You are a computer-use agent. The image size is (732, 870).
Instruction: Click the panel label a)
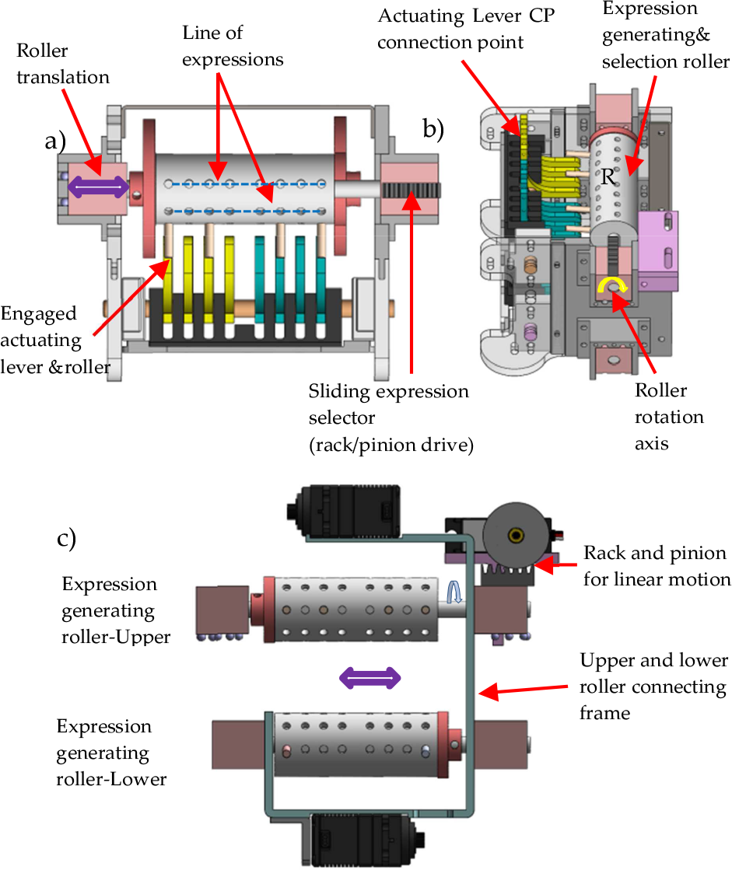[55, 141]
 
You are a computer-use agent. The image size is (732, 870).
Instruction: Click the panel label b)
[433, 129]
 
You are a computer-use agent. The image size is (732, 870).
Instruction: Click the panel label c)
[67, 538]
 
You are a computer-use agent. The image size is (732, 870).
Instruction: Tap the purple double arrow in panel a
[99, 187]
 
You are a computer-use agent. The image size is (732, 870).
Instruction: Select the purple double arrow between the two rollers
[370, 678]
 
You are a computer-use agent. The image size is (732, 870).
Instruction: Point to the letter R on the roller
[608, 177]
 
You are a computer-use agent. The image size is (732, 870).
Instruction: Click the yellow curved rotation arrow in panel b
[612, 284]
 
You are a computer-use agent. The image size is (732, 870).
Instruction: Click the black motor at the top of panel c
[344, 512]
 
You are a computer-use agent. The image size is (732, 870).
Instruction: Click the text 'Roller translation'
[63, 64]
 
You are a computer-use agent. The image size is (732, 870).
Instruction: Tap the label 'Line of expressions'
[233, 46]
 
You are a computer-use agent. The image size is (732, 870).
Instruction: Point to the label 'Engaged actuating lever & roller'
[55, 340]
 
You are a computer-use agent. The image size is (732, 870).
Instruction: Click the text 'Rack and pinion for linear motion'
[657, 566]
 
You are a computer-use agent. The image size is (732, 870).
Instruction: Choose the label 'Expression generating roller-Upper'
[115, 610]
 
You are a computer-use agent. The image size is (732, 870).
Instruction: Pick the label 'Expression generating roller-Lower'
[111, 753]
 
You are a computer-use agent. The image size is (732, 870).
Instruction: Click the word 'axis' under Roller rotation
[652, 444]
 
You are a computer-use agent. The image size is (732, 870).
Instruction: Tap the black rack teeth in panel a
[412, 190]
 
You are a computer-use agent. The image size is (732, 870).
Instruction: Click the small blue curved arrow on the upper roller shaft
[454, 592]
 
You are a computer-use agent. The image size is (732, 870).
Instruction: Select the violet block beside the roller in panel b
[658, 250]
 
